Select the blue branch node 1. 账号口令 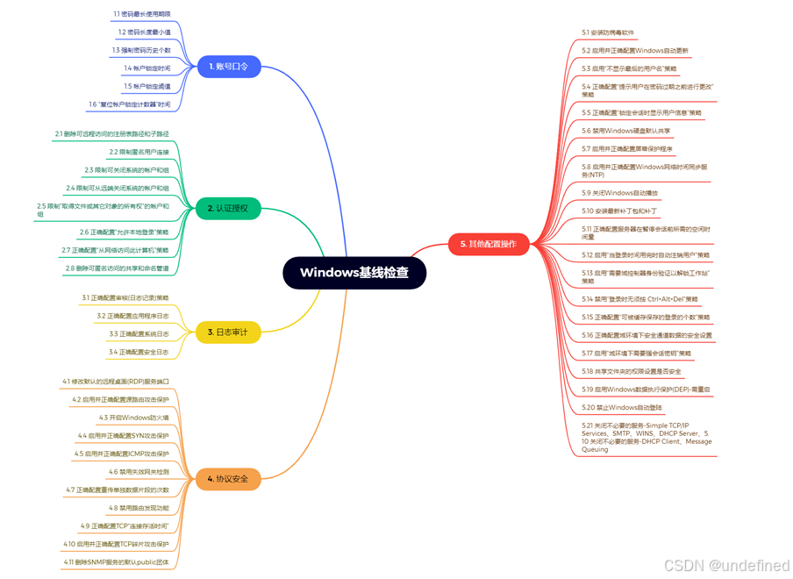(x=229, y=67)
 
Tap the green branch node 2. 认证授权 (x=227, y=209)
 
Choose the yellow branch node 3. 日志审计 (x=227, y=332)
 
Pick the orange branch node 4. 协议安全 (x=227, y=479)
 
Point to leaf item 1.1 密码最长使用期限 (x=142, y=14)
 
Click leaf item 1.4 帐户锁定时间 (x=147, y=68)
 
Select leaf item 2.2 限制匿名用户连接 (x=139, y=152)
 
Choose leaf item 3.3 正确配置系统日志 (x=139, y=334)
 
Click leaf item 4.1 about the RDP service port (x=116, y=382)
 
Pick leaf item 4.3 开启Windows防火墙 (x=133, y=418)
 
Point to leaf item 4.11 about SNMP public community (x=116, y=561)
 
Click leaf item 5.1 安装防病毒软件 (x=608, y=32)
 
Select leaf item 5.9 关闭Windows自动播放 (x=619, y=192)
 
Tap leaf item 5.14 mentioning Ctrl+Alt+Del (x=639, y=299)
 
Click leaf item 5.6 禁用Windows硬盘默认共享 (x=625, y=131)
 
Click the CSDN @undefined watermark (x=726, y=566)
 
